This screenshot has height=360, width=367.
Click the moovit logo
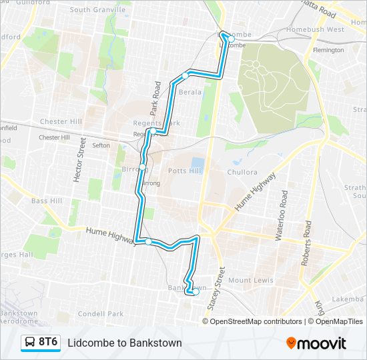316,343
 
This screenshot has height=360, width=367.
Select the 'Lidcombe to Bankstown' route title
124,343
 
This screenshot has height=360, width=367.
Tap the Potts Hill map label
185,171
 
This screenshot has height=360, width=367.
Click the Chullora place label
241,172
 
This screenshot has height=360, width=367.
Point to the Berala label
190,92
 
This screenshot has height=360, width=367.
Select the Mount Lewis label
250,281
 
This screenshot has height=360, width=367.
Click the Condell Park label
101,313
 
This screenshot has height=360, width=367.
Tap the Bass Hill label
47,201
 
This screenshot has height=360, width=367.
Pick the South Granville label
97,10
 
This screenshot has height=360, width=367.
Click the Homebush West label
315,29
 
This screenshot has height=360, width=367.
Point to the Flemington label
328,50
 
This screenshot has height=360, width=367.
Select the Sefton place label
101,145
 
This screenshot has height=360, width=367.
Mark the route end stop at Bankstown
196,291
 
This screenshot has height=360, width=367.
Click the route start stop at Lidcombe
231,39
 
